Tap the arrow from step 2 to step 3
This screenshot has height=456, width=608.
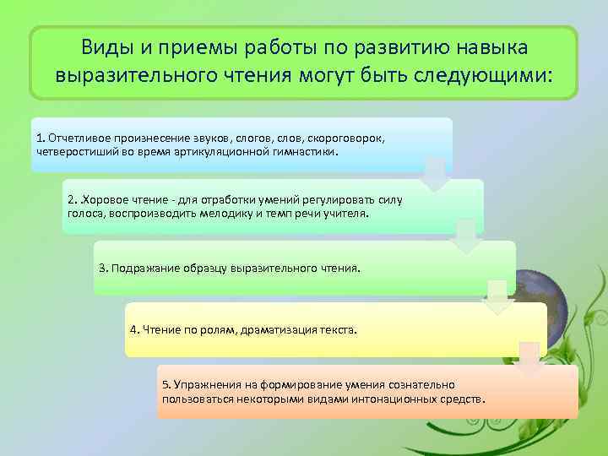pos(465,236)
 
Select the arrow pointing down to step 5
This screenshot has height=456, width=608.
pos(529,359)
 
